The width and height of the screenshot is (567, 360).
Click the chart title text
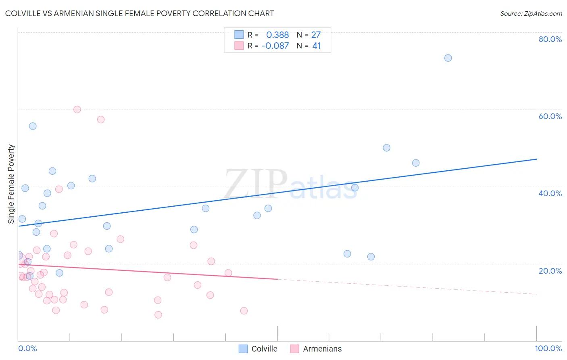(x=140, y=14)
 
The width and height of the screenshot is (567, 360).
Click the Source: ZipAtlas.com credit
(x=531, y=14)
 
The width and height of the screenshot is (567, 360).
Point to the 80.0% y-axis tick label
(x=550, y=39)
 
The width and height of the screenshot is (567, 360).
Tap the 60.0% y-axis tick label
(x=550, y=116)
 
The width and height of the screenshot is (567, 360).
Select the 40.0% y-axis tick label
(x=550, y=193)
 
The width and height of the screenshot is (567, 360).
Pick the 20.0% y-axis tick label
(x=550, y=270)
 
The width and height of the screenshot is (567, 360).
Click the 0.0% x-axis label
(x=27, y=348)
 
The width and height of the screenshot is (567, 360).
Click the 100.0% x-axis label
(x=548, y=348)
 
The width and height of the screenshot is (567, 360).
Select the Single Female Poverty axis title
(x=11, y=184)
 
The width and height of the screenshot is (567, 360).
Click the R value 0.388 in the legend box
(x=277, y=35)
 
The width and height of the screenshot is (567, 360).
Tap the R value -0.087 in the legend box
(x=275, y=46)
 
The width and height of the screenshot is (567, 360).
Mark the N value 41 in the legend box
(x=317, y=46)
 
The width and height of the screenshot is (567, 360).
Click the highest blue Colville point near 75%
(x=448, y=58)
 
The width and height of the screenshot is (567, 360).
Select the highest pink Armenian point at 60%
(x=77, y=109)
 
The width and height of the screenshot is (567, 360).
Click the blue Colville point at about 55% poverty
(x=33, y=126)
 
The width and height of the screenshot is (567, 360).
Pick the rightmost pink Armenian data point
(x=244, y=311)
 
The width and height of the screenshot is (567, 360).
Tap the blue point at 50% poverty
(x=387, y=148)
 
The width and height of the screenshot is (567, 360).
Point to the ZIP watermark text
(x=255, y=184)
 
